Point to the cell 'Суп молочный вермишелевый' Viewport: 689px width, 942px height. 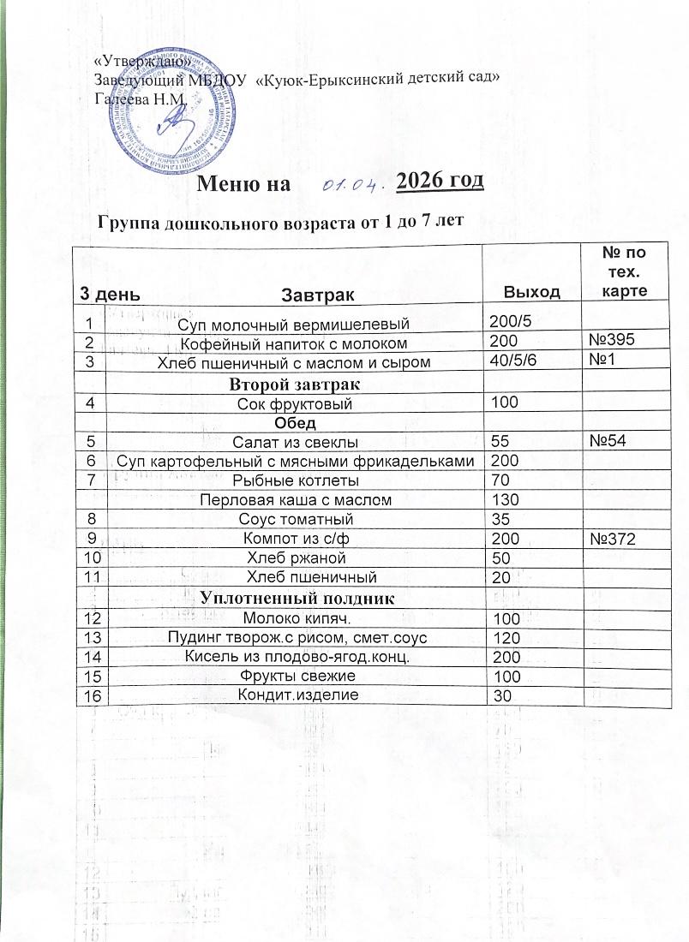click(x=292, y=323)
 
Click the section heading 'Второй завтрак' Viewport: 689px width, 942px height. click(x=292, y=382)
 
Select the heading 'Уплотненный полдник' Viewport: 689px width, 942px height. click(x=297, y=598)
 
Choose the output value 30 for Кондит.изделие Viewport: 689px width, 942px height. click(x=501, y=696)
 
